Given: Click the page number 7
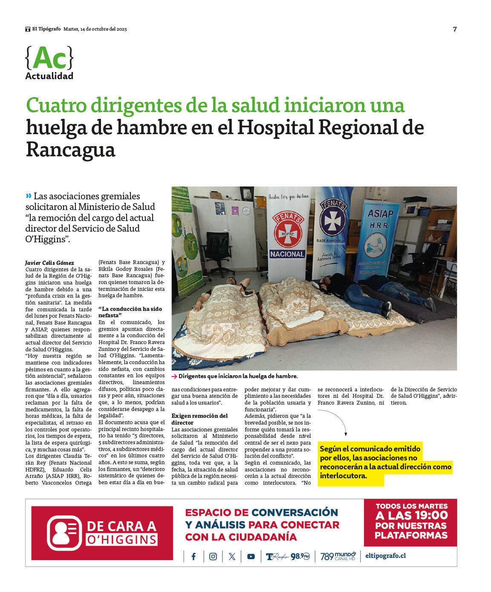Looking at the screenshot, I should pos(455,29).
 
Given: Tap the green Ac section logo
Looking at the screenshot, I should pos(49,58).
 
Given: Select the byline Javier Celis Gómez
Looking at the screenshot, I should pos(49,263).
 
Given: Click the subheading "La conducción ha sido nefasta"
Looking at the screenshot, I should pos(130,312).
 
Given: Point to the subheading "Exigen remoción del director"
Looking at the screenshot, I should pos(199,419).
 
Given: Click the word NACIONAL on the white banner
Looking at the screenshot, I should pos(287,254).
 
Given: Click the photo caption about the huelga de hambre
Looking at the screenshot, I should pos(238,376).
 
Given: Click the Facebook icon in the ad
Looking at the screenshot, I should pos(194,557).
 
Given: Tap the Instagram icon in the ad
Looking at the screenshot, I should pos(213,557).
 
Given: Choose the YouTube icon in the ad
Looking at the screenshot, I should pos(251,557).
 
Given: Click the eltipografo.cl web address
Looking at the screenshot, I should pos(385,556).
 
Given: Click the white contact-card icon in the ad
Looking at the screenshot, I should pos(64,533).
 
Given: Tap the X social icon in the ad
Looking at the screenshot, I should pos(232,557).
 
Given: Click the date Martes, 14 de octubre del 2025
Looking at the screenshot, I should pos(95,29).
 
